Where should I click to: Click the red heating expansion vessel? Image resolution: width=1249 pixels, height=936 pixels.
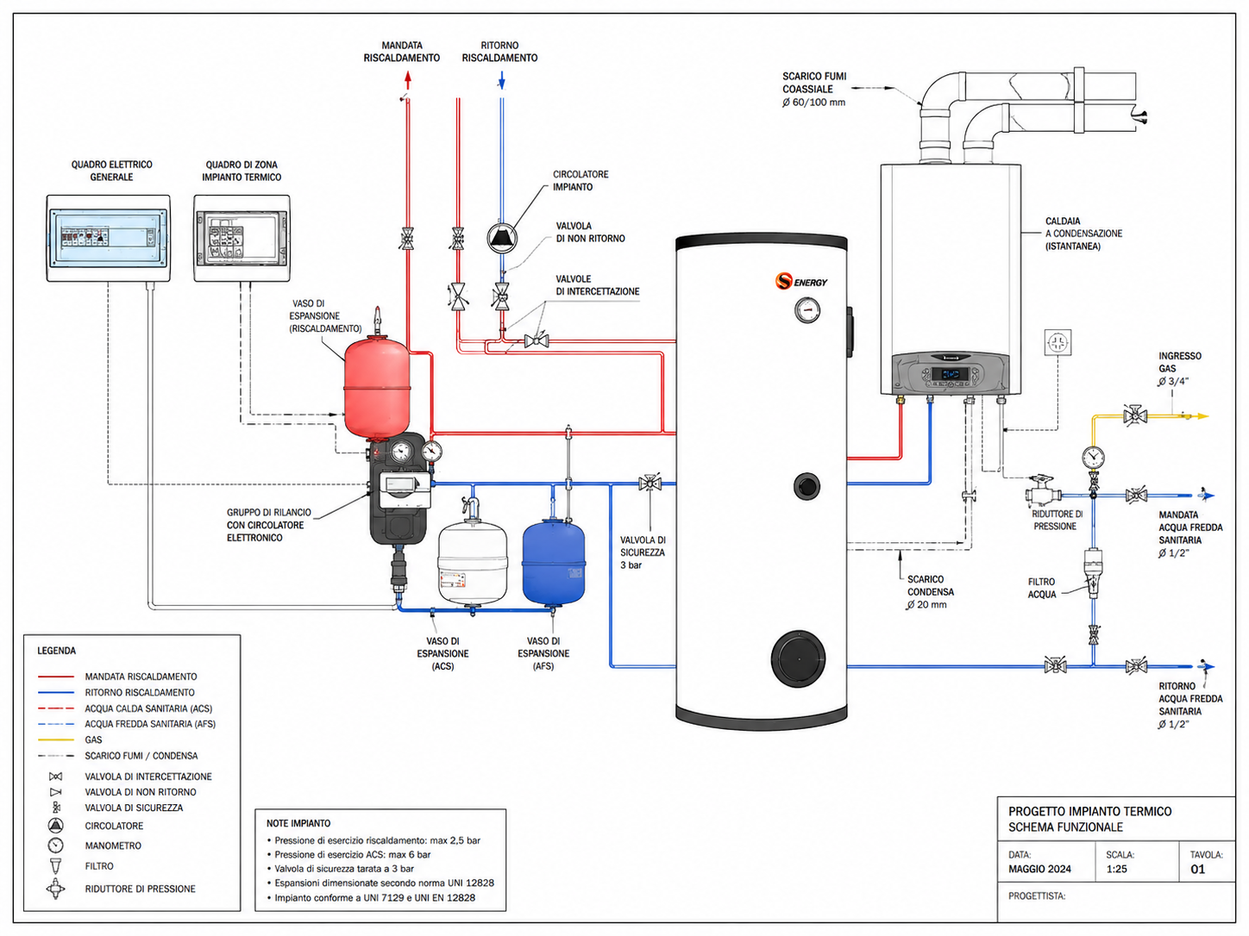click(377, 388)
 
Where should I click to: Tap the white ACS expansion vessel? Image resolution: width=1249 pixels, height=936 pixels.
click(472, 563)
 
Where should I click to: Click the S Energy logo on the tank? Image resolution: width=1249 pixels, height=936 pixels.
click(800, 281)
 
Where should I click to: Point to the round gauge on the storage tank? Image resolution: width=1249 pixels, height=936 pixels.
click(807, 310)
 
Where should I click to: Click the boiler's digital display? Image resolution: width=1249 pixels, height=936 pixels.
click(950, 374)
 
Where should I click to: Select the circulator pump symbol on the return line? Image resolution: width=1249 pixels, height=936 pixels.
click(502, 238)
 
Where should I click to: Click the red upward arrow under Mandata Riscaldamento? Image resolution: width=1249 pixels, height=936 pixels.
click(407, 79)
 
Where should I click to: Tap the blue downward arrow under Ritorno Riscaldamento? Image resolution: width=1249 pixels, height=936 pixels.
click(501, 80)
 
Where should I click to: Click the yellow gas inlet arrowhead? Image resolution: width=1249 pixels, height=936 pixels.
click(1202, 416)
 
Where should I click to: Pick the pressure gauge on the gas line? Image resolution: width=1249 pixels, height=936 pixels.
click(1093, 456)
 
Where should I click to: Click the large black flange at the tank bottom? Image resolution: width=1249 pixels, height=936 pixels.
click(798, 658)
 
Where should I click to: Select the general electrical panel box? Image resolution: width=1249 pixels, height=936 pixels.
click(108, 238)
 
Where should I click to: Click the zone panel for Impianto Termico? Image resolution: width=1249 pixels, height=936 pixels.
click(242, 238)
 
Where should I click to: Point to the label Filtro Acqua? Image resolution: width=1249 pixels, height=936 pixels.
click(1041, 588)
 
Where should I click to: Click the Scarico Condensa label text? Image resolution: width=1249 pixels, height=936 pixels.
click(931, 585)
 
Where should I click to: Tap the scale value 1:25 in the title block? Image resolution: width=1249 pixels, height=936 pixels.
click(1116, 869)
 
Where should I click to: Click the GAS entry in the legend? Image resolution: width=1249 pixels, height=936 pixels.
click(93, 739)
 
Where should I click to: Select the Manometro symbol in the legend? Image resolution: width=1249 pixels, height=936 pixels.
click(56, 845)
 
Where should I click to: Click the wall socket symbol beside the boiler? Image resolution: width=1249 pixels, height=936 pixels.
click(1058, 343)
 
